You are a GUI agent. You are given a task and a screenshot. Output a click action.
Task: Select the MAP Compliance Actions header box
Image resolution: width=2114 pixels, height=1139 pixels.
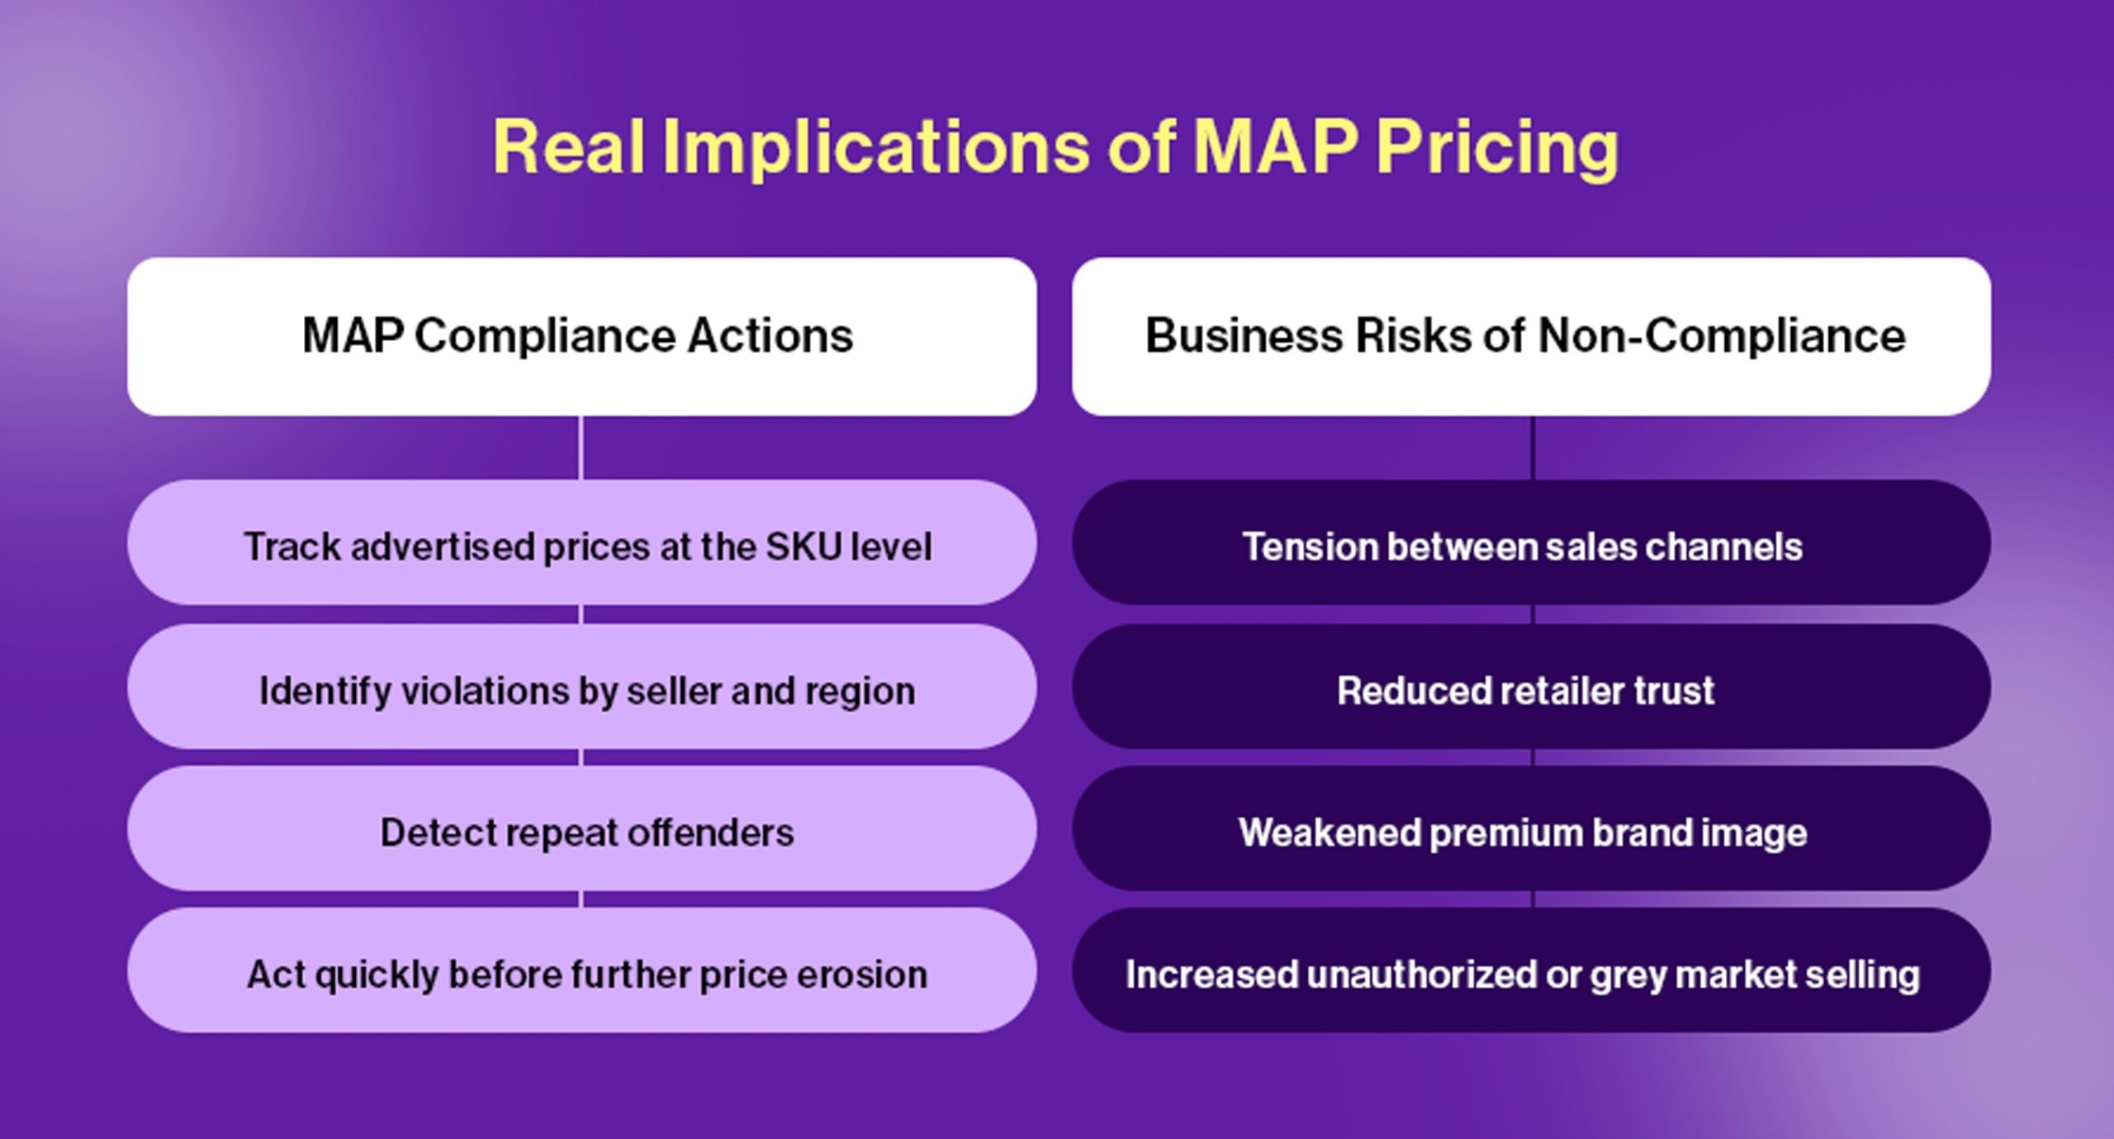[581, 336]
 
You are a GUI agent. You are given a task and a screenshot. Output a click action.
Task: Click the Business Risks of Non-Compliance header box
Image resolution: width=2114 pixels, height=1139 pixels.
[1531, 336]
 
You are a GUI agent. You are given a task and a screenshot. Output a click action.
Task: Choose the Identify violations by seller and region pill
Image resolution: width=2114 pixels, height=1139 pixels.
[581, 689]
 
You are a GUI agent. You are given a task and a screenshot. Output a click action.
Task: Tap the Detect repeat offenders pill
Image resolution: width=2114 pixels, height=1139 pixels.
[581, 831]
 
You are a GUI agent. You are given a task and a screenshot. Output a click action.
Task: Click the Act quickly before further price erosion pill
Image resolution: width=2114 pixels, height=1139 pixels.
[581, 973]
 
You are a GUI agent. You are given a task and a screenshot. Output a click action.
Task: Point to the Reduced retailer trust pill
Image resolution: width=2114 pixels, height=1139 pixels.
[1531, 689]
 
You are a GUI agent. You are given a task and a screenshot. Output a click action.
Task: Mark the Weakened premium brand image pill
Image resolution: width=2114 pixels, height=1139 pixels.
[1531, 831]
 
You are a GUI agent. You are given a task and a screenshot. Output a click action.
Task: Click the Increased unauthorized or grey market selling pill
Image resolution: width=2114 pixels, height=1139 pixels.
[1531, 973]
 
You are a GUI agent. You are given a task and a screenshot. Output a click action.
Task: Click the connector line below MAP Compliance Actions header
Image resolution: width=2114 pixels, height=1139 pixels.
[581, 448]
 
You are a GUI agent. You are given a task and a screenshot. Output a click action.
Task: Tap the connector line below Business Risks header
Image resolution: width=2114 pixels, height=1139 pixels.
[1533, 448]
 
